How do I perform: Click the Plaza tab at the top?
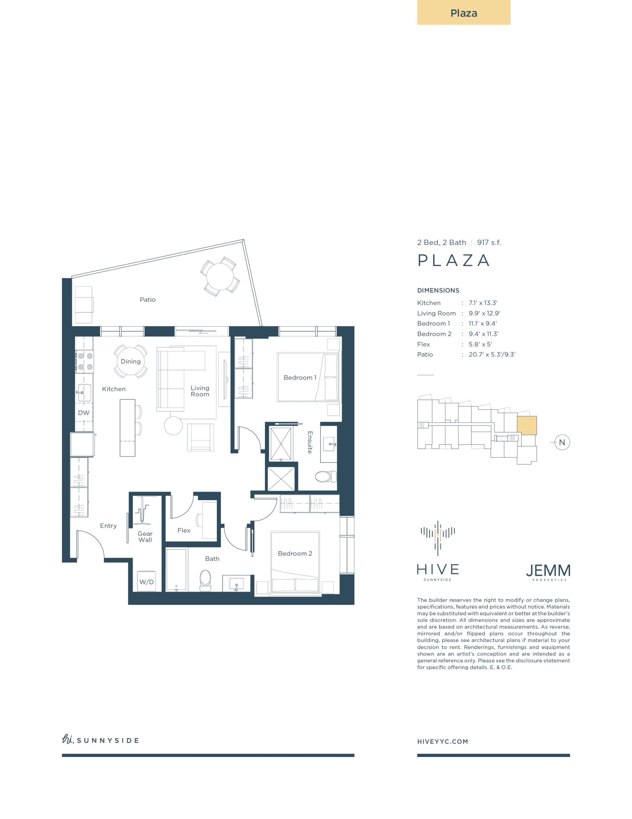[463, 12]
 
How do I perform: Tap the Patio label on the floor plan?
[148, 300]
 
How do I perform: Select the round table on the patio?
[220, 276]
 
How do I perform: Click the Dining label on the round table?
[131, 362]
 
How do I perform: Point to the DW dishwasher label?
[83, 413]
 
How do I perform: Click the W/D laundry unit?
[146, 581]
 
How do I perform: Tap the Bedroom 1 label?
[300, 378]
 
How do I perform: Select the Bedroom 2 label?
[295, 553]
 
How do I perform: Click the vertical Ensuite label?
[310, 442]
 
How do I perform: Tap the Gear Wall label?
[145, 537]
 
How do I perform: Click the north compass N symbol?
[562, 442]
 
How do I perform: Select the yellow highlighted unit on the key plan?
[527, 425]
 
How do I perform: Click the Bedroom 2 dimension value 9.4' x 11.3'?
[484, 334]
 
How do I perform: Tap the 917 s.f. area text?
[489, 243]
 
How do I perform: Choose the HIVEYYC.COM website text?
[443, 741]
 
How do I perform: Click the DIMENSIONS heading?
[438, 290]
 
